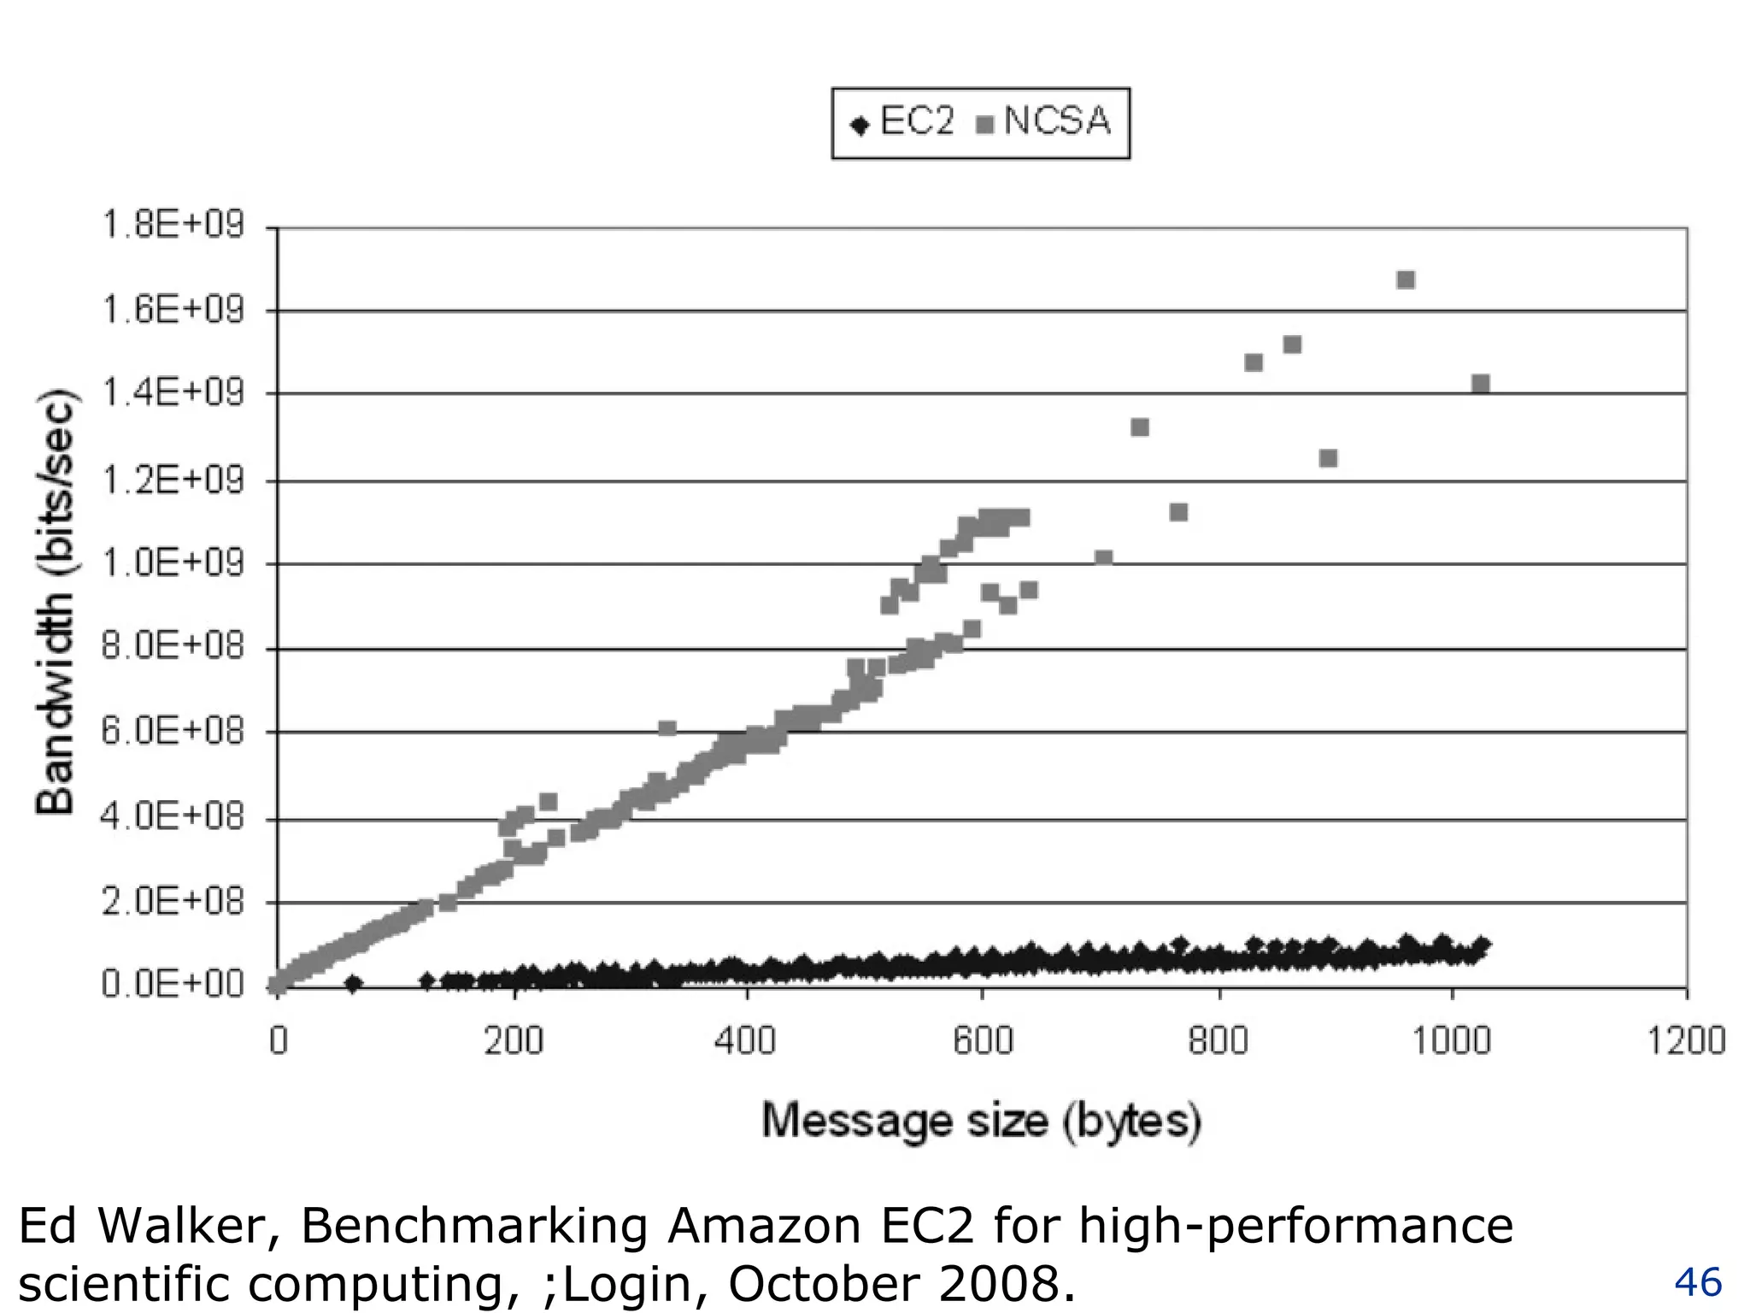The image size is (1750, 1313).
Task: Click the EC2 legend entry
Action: [x=903, y=122]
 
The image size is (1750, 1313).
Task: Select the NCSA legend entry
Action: [x=1044, y=122]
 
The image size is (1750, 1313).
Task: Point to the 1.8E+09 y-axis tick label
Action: [x=173, y=225]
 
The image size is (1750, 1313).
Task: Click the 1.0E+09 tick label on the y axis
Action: [x=173, y=562]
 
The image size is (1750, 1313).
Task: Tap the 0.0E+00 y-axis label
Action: [x=173, y=984]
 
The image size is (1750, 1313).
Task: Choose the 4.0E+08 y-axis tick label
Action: [x=173, y=816]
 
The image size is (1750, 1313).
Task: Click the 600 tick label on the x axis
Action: [x=983, y=1041]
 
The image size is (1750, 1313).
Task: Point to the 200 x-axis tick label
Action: [x=514, y=1041]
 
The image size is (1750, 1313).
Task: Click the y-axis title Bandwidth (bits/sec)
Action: [x=56, y=602]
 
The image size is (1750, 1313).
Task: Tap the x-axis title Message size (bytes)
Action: [x=982, y=1121]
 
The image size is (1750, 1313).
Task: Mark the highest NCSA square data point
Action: [x=1406, y=280]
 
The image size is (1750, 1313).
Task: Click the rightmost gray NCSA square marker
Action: [x=1481, y=384]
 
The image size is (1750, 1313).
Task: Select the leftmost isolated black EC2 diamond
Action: [x=354, y=984]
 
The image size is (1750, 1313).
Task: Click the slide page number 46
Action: [x=1698, y=1282]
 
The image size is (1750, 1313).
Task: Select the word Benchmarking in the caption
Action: [x=474, y=1226]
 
